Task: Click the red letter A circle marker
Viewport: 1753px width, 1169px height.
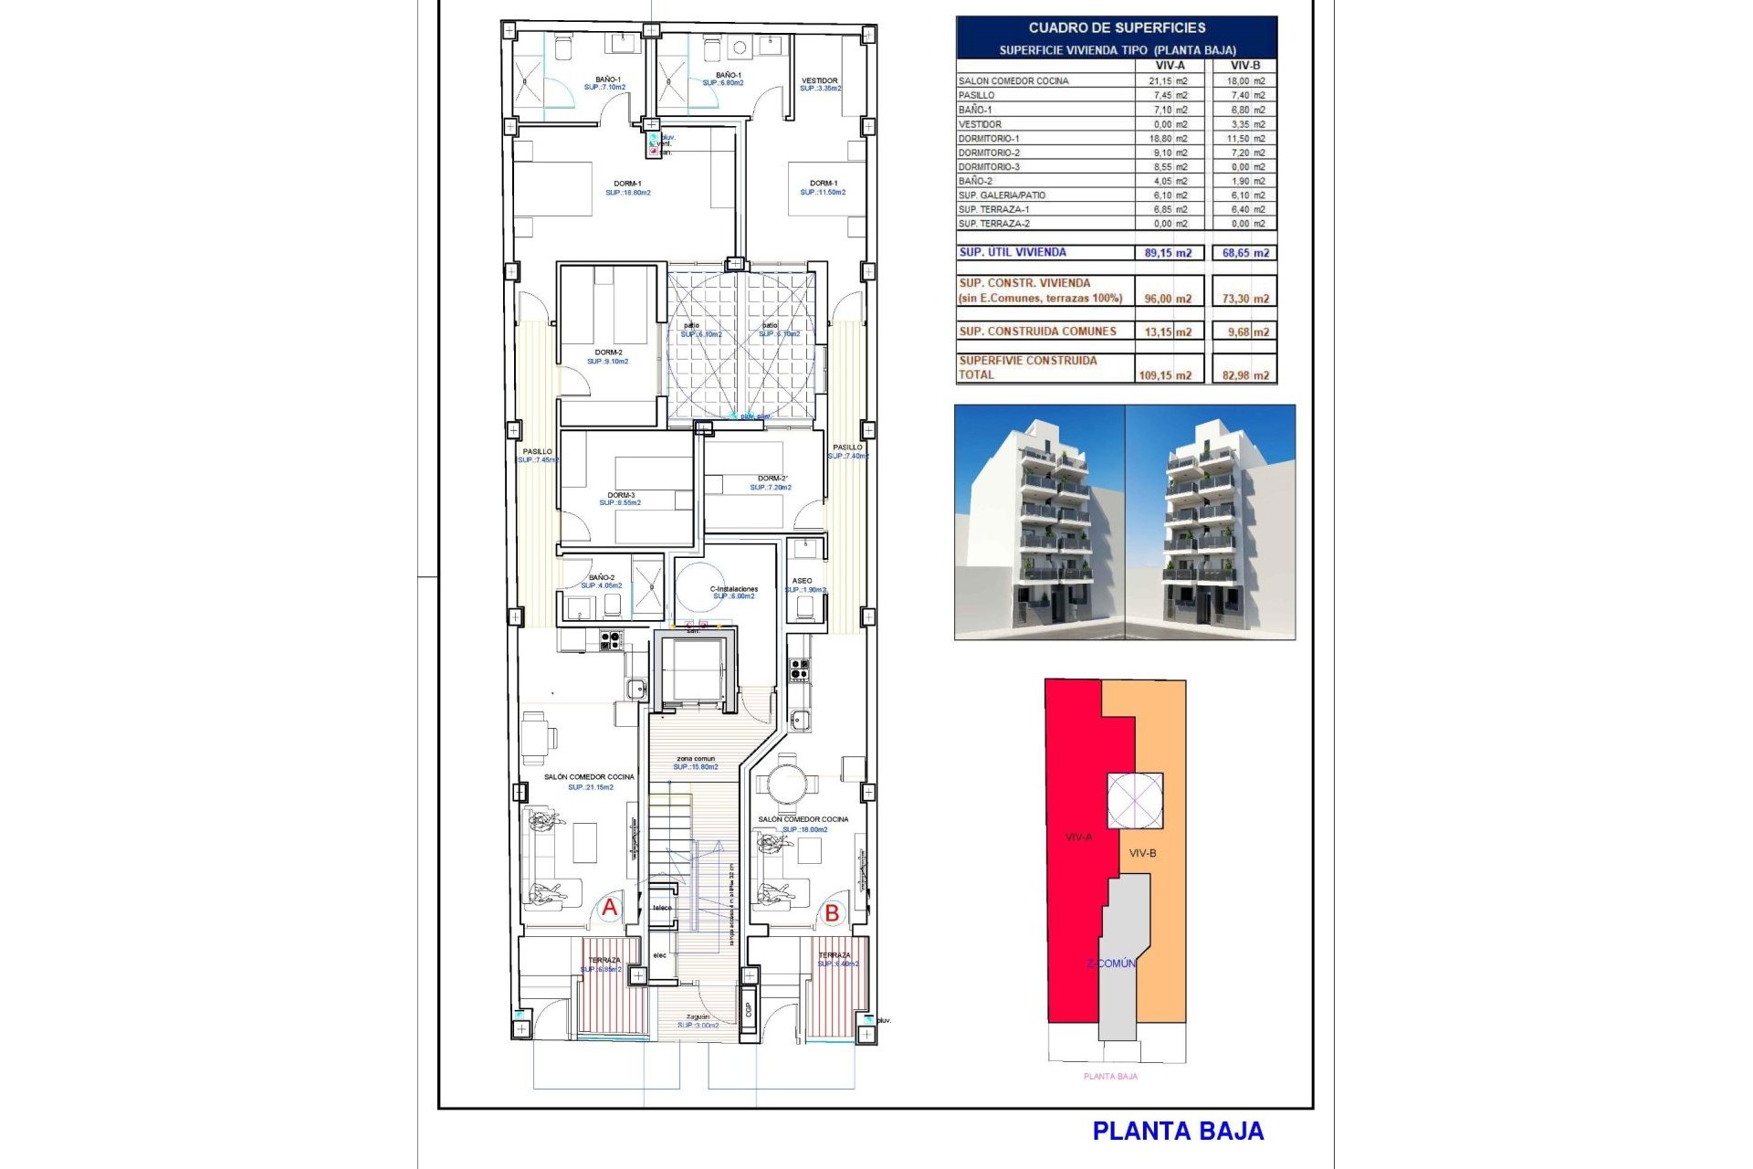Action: pyautogui.click(x=609, y=908)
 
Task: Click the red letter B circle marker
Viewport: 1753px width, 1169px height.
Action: pyautogui.click(x=832, y=912)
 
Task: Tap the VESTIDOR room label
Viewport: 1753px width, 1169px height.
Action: pyautogui.click(x=820, y=81)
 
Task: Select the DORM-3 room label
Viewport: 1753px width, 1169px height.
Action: pyautogui.click(x=621, y=495)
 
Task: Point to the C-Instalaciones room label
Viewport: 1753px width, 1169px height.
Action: pyautogui.click(x=734, y=589)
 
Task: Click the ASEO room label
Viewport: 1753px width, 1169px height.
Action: pyautogui.click(x=803, y=581)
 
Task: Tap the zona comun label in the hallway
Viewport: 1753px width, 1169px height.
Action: pyautogui.click(x=696, y=759)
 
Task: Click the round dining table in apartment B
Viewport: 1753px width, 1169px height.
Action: pyautogui.click(x=786, y=784)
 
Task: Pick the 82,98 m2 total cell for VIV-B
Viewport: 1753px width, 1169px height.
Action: pyautogui.click(x=1245, y=375)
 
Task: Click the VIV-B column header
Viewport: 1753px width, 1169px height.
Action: pyautogui.click(x=1245, y=66)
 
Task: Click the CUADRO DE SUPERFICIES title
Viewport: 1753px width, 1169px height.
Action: pyautogui.click(x=1117, y=28)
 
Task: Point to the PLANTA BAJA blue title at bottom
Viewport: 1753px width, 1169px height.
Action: pyautogui.click(x=1178, y=1132)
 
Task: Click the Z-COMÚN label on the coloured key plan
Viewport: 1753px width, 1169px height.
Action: pyautogui.click(x=1111, y=964)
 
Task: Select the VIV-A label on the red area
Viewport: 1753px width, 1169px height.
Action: pyautogui.click(x=1078, y=837)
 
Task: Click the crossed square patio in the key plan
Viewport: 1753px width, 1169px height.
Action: pyautogui.click(x=1135, y=800)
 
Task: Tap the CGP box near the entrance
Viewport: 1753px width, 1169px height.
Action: pyautogui.click(x=749, y=1008)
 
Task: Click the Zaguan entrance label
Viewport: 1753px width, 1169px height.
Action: pyautogui.click(x=698, y=1016)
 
